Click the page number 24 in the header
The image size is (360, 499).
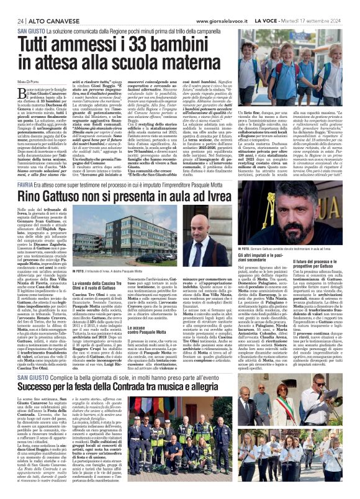tap(20, 20)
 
